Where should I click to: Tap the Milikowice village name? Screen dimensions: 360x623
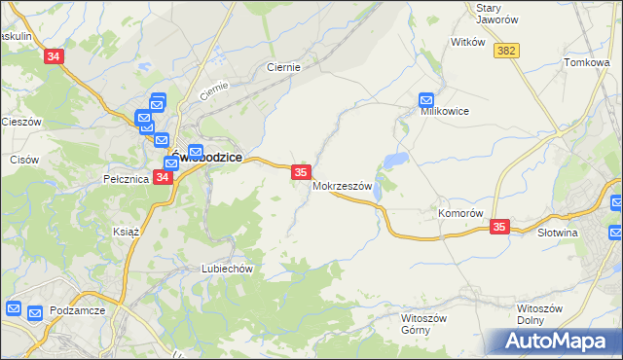(444, 112)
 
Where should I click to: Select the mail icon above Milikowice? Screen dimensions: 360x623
(426, 99)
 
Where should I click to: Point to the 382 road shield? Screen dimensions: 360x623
(504, 51)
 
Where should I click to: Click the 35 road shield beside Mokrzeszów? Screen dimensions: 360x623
(301, 172)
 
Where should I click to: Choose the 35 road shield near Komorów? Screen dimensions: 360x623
(499, 227)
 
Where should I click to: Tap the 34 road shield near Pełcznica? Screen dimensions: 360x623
(162, 178)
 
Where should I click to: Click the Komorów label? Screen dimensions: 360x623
(460, 213)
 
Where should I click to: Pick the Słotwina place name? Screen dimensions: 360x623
(558, 234)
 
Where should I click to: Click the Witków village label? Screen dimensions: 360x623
(467, 43)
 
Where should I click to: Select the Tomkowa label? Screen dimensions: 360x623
(586, 62)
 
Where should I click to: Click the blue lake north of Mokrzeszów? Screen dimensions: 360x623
(394, 160)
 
